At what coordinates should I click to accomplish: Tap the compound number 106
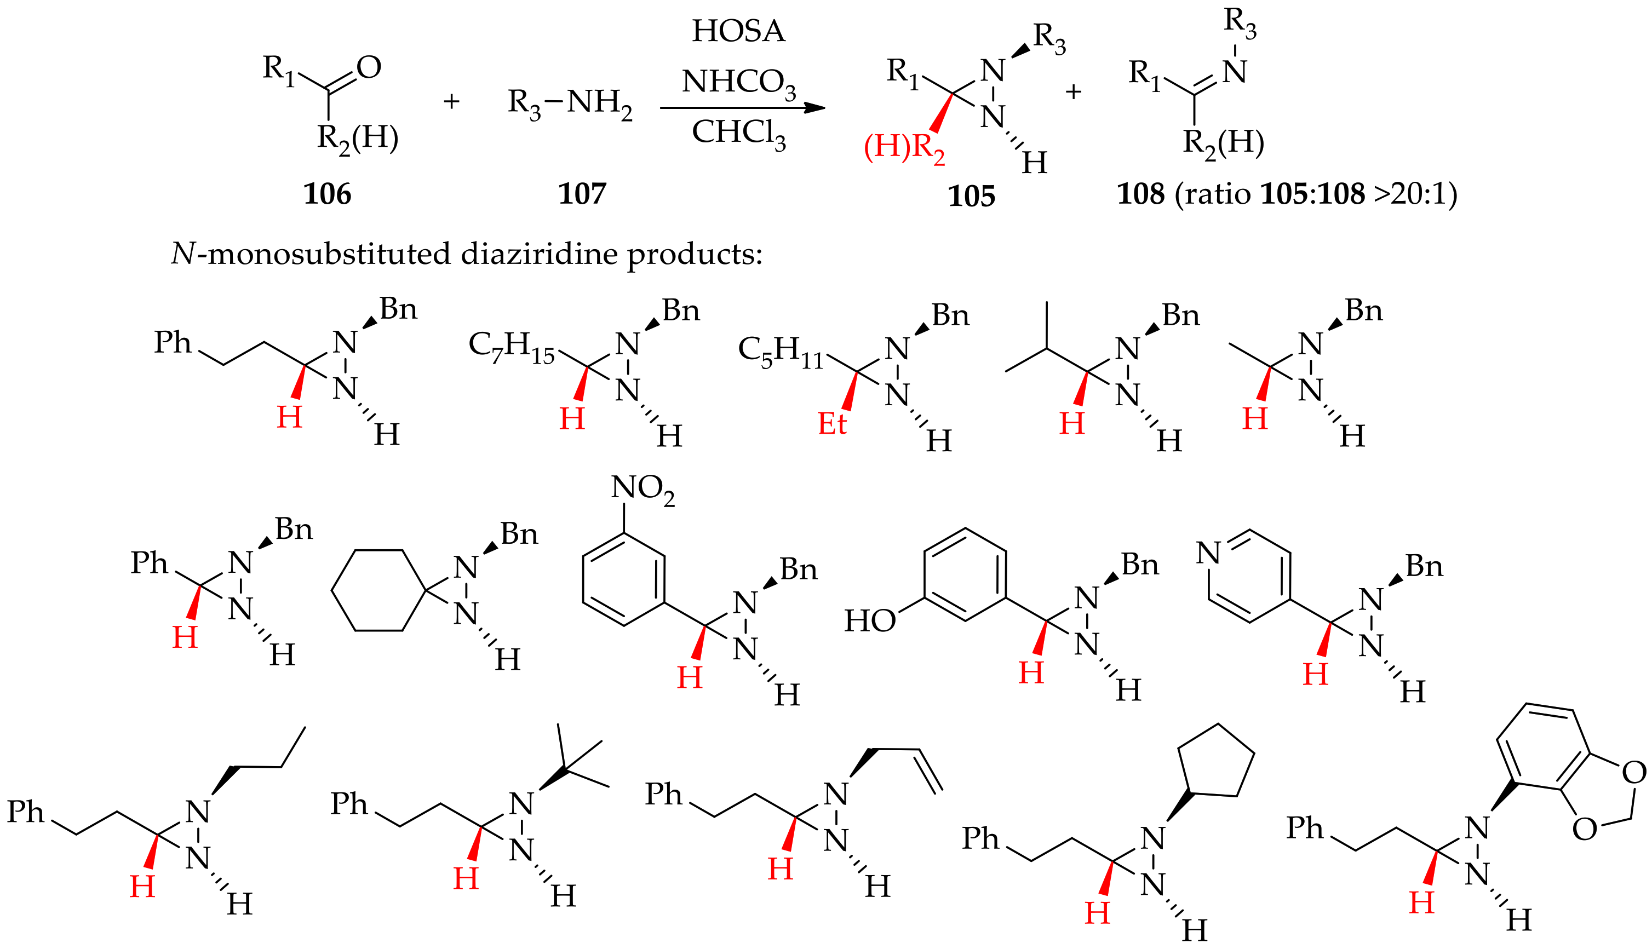[x=327, y=194]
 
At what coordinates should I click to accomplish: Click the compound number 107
[x=582, y=194]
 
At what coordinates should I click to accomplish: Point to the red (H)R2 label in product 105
[x=904, y=148]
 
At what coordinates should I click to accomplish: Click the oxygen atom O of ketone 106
[x=369, y=67]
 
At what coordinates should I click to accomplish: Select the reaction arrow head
[x=815, y=107]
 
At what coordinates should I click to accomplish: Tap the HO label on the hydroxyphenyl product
[x=870, y=621]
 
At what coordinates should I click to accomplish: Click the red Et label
[x=832, y=424]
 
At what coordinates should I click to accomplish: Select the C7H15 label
[x=510, y=346]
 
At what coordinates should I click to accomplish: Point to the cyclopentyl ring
[x=1217, y=763]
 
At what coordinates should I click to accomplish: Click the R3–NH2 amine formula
[x=570, y=103]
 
